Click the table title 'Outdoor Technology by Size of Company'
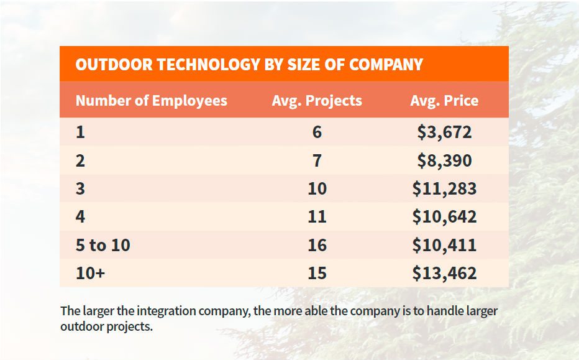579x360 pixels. click(x=248, y=65)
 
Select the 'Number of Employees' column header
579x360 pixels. click(x=151, y=101)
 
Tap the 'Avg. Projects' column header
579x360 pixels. click(x=317, y=101)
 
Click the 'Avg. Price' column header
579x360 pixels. click(x=444, y=101)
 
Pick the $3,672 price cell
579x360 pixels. click(x=444, y=132)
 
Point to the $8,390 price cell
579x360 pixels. click(x=444, y=161)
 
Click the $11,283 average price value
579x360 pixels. click(x=444, y=189)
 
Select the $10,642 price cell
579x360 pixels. click(x=444, y=217)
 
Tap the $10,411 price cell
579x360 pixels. click(x=444, y=245)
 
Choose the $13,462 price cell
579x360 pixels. click(x=444, y=273)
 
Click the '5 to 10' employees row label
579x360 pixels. click(x=103, y=245)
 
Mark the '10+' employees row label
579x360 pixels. click(x=90, y=273)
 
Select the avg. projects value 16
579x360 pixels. click(x=317, y=245)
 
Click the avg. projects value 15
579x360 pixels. click(x=317, y=273)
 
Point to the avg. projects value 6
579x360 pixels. click(x=317, y=132)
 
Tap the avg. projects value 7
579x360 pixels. click(x=317, y=161)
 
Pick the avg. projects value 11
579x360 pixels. click(x=317, y=217)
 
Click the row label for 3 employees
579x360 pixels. click(x=80, y=189)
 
